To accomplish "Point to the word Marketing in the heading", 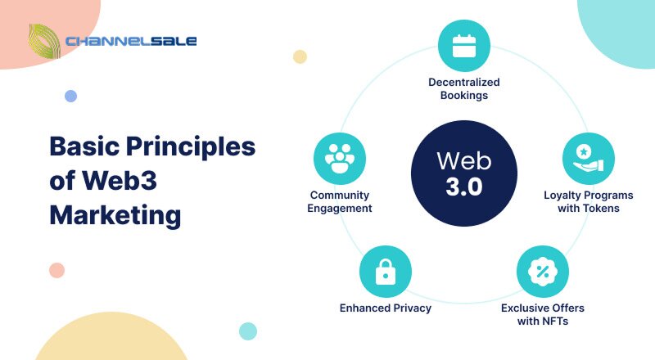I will pyautogui.click(x=115, y=215).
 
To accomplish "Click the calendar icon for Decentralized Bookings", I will pyautogui.click(x=464, y=45).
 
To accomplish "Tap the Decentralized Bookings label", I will pyautogui.click(x=464, y=88).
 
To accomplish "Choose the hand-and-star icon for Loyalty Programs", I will pyautogui.click(x=588, y=158).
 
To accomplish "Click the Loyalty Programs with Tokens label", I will pyautogui.click(x=588, y=201).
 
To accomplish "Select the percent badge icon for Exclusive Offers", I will pyautogui.click(x=541, y=272).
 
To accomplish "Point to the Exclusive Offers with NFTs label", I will pyautogui.click(x=543, y=314).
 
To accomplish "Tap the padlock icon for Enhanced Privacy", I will pyautogui.click(x=386, y=272).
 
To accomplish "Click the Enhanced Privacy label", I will pyautogui.click(x=386, y=308).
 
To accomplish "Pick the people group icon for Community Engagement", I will pyautogui.click(x=340, y=158).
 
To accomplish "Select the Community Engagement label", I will pyautogui.click(x=340, y=201).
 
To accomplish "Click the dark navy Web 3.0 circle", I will pyautogui.click(x=464, y=172).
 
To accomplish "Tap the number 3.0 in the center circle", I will pyautogui.click(x=464, y=187).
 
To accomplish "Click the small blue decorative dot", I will pyautogui.click(x=70, y=96).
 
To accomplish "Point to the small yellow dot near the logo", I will pyautogui.click(x=300, y=56).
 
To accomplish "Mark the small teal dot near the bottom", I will pyautogui.click(x=247, y=331).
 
